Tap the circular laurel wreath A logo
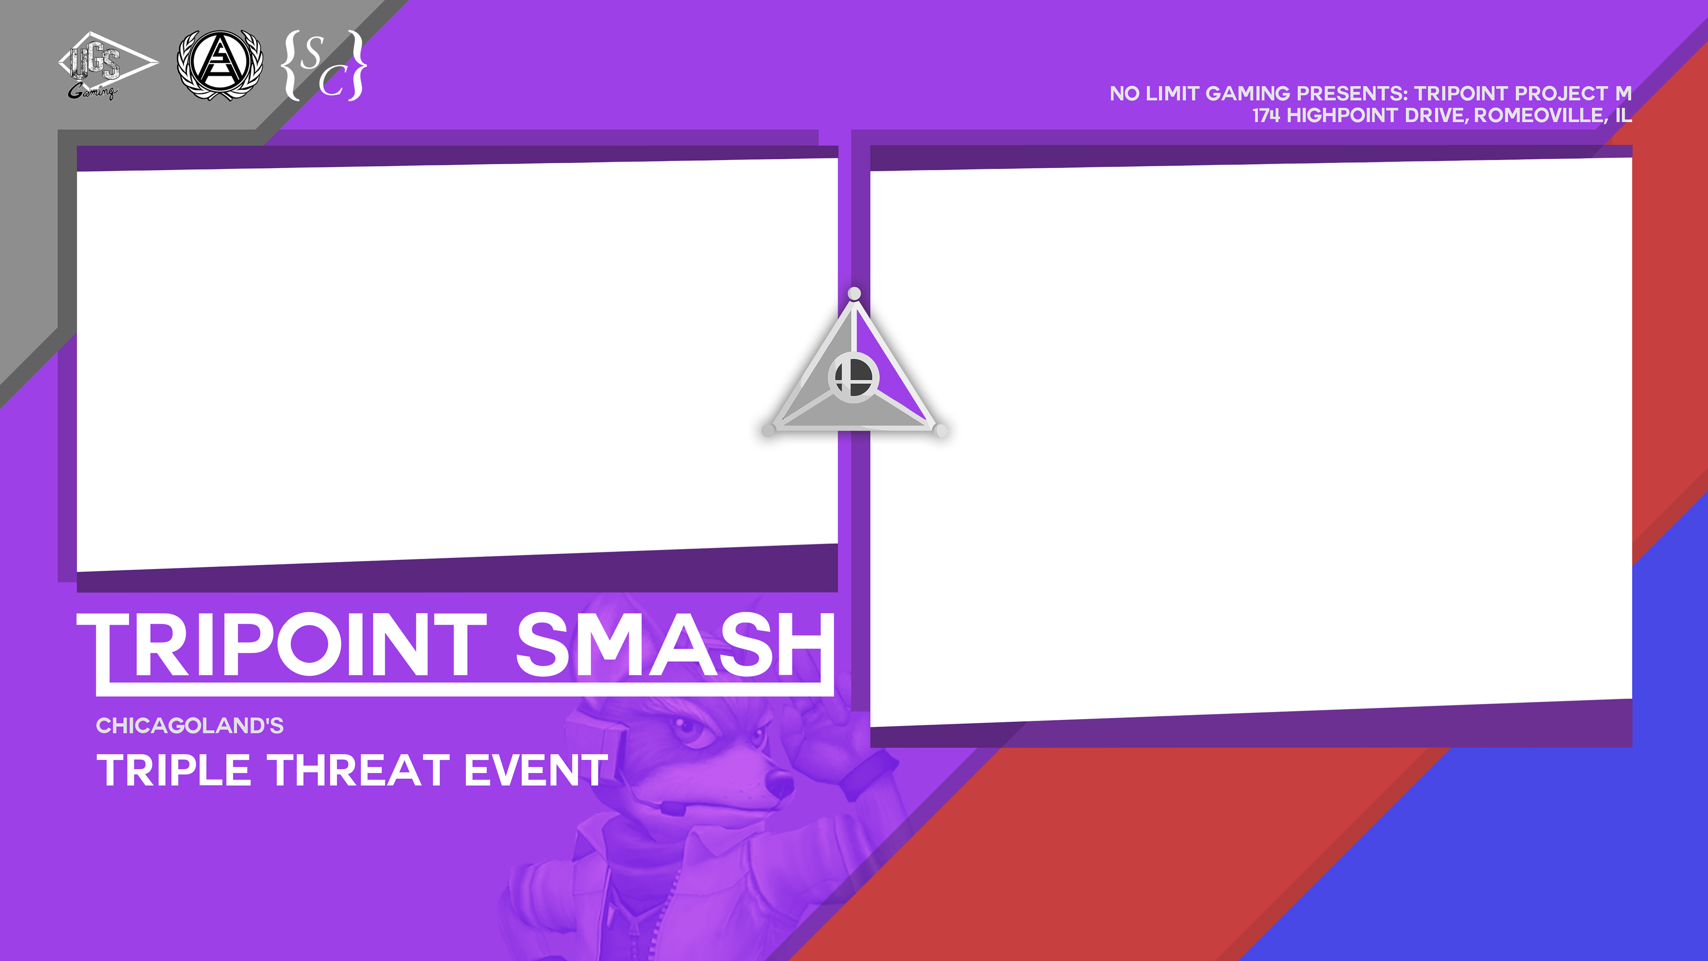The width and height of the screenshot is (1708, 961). pos(219,65)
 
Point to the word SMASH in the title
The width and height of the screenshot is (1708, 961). pos(674,645)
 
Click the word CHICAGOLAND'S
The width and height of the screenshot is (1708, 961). pos(189,726)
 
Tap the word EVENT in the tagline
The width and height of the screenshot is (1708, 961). pos(536,770)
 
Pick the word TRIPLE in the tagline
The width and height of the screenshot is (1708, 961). pos(174,770)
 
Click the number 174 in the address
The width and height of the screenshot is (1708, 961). pos(1266,115)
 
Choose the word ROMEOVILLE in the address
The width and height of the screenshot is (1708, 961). pos(1539,115)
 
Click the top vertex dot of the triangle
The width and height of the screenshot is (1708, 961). pos(854,293)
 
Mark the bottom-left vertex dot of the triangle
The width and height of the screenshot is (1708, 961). pos(768,430)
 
